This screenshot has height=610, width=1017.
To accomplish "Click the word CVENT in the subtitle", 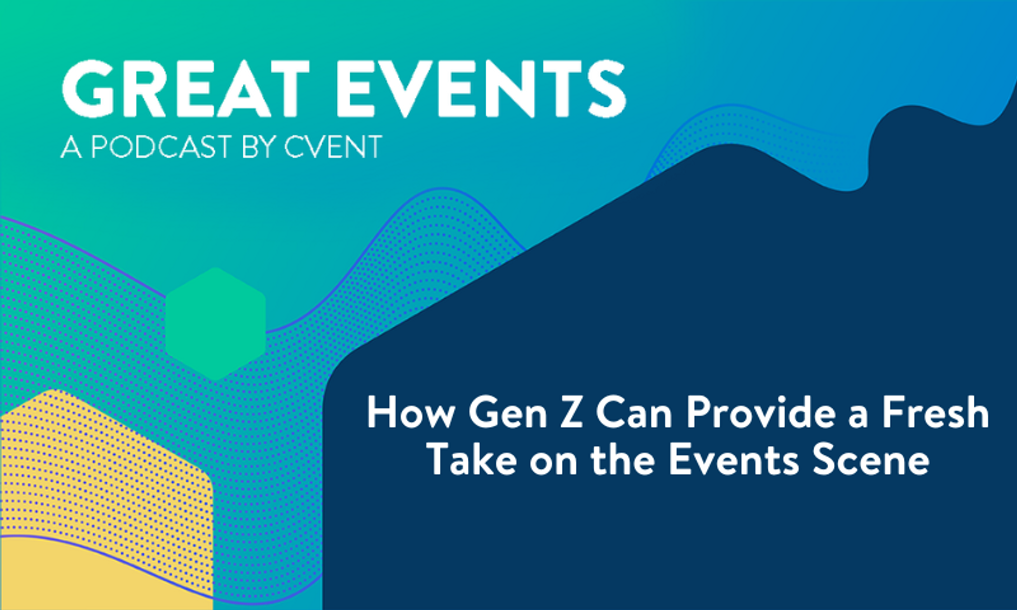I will pos(332,147).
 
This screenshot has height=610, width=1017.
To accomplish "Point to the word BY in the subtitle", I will pos(259,147).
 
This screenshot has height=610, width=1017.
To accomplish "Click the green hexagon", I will pos(215,324).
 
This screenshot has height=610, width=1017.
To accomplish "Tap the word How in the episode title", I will pos(411,413).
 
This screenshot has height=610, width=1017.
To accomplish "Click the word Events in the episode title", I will pos(734,461).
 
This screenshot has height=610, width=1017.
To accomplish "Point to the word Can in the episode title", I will pos(634,413).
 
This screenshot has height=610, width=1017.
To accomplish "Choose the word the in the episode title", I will pos(622,461).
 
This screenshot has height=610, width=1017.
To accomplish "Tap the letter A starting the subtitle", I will pos(71,147).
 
